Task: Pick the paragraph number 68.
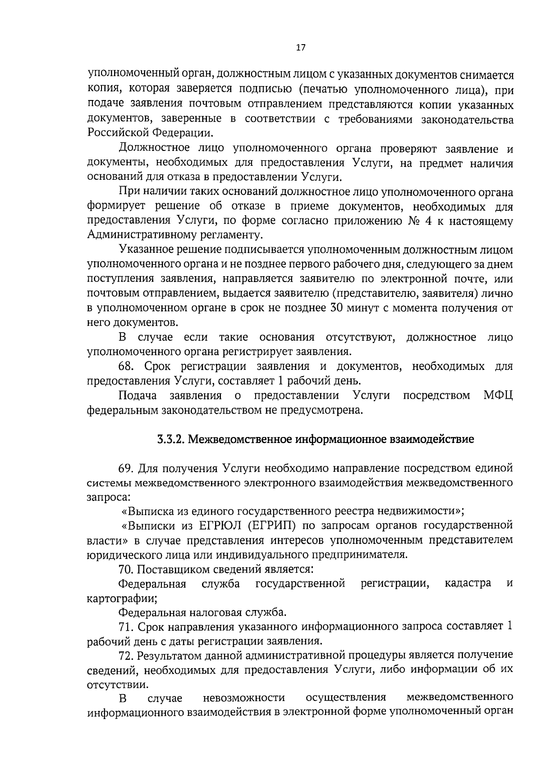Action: (126, 366)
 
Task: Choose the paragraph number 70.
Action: (126, 569)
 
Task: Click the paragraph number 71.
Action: (126, 627)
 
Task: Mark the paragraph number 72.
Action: (126, 656)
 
